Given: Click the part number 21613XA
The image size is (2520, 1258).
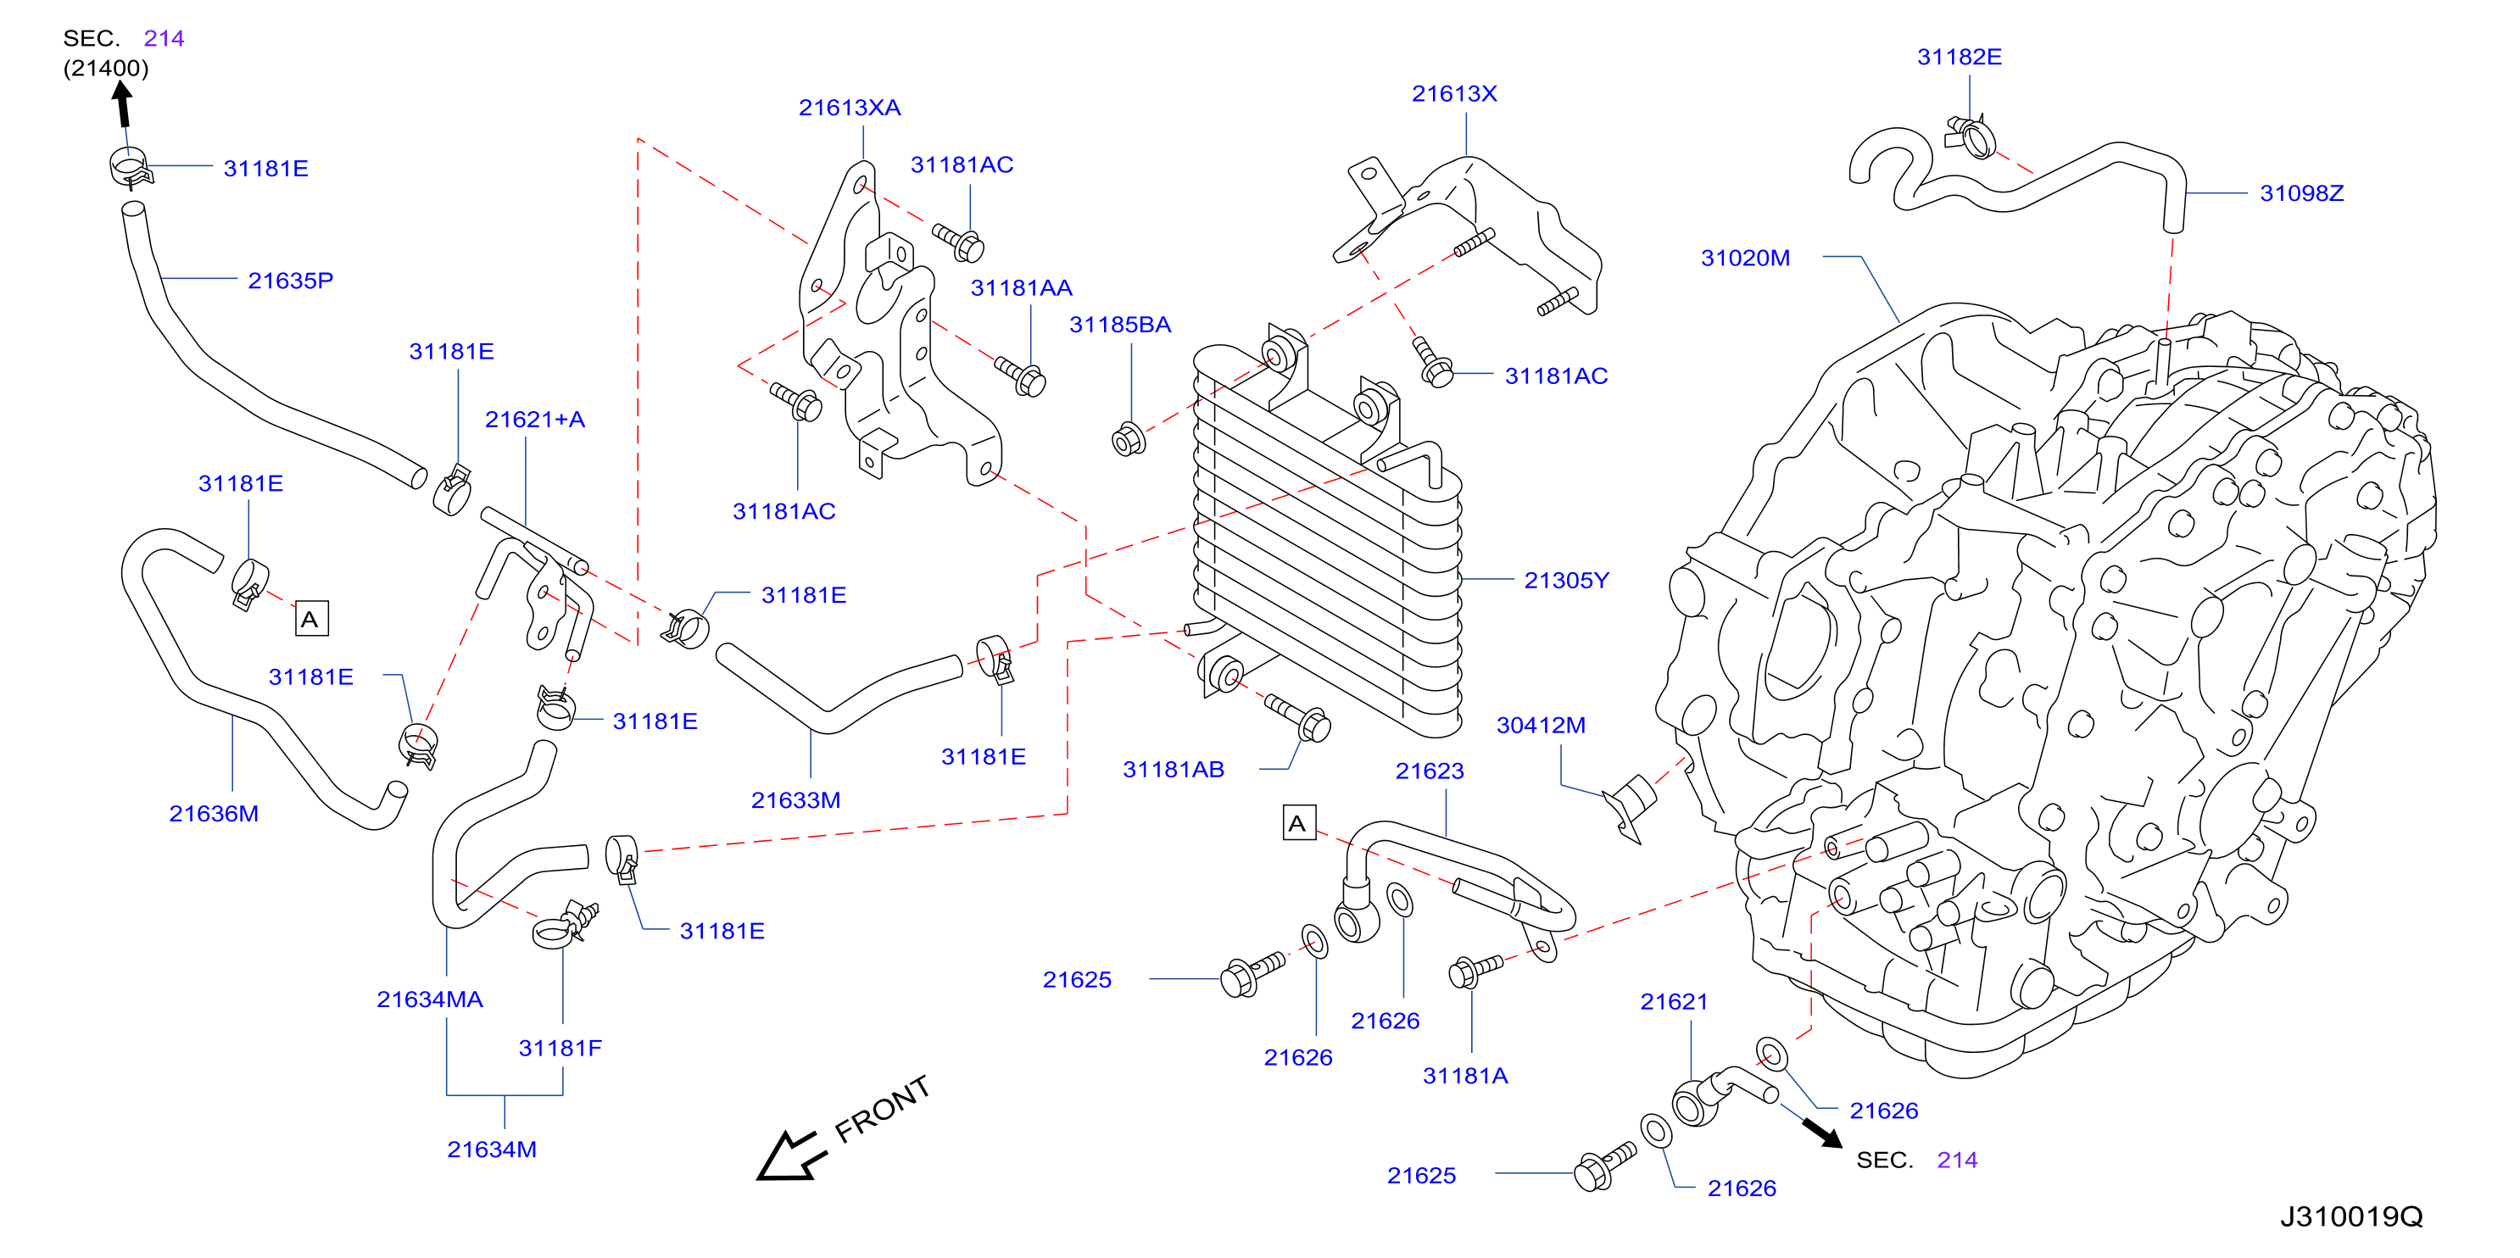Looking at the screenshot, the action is tap(849, 108).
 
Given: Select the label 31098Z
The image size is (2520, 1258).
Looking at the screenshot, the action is tap(2301, 193).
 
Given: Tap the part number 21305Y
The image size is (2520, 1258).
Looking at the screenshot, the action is tap(1566, 580).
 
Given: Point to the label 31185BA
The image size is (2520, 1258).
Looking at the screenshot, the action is tap(1120, 325).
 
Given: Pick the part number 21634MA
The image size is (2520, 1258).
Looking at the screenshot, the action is tap(429, 999).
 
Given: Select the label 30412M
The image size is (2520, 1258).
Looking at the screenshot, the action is tap(1541, 725).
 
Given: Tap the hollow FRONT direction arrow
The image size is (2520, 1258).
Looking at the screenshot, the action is tap(788, 1156).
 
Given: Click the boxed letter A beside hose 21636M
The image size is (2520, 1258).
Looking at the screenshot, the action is tap(311, 618).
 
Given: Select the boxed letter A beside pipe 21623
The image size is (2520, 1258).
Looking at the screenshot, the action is tap(1298, 822).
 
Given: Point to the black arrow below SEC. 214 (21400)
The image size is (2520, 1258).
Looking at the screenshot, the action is tap(122, 103).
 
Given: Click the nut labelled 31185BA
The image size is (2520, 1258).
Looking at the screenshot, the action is tap(1128, 439).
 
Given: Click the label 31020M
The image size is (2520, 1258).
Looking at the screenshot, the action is tap(1745, 259).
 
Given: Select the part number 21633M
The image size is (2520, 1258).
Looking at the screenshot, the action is tap(795, 800).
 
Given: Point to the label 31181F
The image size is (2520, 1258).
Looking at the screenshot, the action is tap(560, 1048).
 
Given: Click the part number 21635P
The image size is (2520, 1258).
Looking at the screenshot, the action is tap(291, 281).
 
